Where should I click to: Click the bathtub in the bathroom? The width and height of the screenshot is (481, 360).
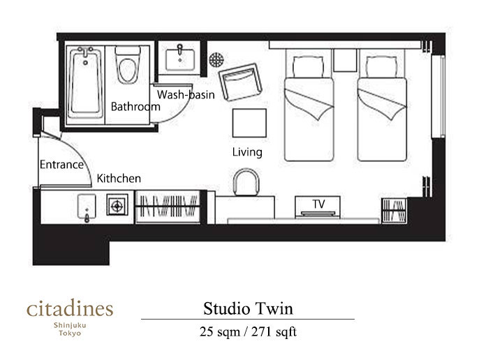pos(85,82)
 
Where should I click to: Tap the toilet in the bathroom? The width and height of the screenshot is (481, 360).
pos(128,65)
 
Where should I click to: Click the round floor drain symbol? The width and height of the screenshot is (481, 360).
pos(216,59)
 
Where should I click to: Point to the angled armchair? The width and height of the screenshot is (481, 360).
pos(240,82)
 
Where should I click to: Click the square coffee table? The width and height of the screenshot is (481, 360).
pos(249,123)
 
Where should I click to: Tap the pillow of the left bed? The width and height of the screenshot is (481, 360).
pos(309,67)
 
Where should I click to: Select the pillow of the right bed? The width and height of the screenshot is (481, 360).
pos(382,67)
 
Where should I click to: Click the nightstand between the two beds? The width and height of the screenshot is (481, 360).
pos(345,60)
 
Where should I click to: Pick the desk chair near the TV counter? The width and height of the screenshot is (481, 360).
pos(246,182)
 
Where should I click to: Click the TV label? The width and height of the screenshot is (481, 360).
pos(319,204)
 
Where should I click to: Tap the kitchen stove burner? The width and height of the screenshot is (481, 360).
pos(117,206)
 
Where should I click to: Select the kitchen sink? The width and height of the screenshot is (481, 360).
pos(87,207)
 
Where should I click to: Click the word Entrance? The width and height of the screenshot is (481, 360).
pos(61,165)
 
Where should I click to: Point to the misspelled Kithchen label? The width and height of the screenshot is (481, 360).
pos(119,179)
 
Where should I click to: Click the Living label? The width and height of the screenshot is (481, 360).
pos(247,152)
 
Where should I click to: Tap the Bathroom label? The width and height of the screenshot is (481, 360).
pos(135,107)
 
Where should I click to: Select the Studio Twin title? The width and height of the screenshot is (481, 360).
pos(248,308)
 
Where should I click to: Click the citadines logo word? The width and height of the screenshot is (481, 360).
pos(70,308)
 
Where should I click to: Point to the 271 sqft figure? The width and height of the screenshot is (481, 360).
pos(274,332)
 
